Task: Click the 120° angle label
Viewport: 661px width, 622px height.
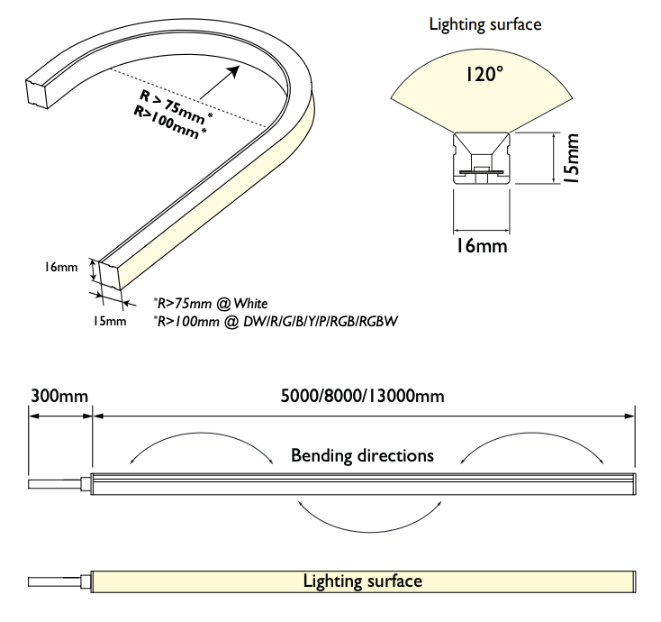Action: pyautogui.click(x=484, y=74)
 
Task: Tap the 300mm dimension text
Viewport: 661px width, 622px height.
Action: pyautogui.click(x=59, y=397)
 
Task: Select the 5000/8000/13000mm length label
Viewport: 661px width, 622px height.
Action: pyautogui.click(x=363, y=397)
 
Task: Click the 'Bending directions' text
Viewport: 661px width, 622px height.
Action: pyautogui.click(x=363, y=456)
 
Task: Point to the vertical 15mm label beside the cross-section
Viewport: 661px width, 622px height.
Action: pyautogui.click(x=572, y=159)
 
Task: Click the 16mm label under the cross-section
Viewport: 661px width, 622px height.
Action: pyautogui.click(x=482, y=245)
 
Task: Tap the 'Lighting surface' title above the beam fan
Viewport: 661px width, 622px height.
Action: pyautogui.click(x=485, y=24)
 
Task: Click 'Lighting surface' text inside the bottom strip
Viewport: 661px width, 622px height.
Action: pyautogui.click(x=363, y=581)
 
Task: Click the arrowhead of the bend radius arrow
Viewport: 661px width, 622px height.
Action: pyautogui.click(x=233, y=72)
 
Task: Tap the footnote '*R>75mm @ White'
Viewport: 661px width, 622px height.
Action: pyautogui.click(x=211, y=304)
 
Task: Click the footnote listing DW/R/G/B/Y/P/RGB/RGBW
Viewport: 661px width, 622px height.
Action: pyautogui.click(x=276, y=322)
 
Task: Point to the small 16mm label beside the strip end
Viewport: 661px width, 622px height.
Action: pyautogui.click(x=61, y=267)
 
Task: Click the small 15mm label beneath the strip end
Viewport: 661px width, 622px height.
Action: pyautogui.click(x=110, y=321)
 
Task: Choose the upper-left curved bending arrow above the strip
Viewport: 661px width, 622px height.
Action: pyautogui.click(x=202, y=434)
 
